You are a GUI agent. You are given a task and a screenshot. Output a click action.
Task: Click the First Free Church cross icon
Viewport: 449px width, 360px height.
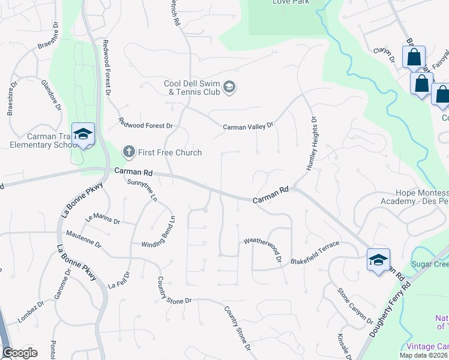128,152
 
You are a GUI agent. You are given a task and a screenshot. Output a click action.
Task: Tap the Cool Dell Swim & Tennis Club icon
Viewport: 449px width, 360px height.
229,88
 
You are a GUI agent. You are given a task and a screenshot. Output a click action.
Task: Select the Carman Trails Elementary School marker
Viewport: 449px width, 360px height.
83,134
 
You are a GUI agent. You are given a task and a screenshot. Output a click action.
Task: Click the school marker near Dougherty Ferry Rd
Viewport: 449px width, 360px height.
378,260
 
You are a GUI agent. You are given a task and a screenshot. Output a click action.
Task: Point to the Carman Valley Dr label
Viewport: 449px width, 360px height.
248,127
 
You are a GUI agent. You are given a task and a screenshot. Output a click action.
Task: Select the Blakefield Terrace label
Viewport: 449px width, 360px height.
315,253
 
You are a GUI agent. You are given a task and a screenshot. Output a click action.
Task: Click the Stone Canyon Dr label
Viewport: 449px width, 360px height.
354,307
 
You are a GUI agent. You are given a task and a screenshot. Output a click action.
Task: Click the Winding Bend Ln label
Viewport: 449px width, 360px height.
158,232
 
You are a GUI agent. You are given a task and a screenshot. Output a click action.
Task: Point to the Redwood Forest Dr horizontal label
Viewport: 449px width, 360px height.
145,123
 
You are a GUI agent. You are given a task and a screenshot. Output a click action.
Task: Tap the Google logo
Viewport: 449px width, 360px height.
20,353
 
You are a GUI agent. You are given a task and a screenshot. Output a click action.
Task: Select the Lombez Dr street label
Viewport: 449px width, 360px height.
31,313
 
